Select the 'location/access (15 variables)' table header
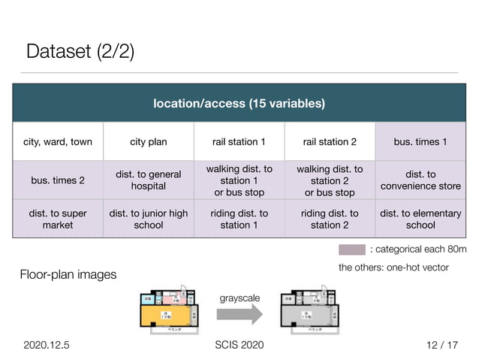pyautogui.click(x=239, y=103)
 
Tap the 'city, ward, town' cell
pyautogui.click(x=58, y=142)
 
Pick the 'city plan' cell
pyautogui.click(x=149, y=142)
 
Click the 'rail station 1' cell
pyautogui.click(x=239, y=142)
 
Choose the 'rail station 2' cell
pyautogui.click(x=330, y=142)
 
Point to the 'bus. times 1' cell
pyautogui.click(x=420, y=142)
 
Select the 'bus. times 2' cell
pyautogui.click(x=58, y=180)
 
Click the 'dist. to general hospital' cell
pyautogui.click(x=149, y=180)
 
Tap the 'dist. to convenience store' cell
pyautogui.click(x=420, y=180)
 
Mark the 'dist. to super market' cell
pyautogui.click(x=58, y=219)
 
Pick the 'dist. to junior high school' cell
pyautogui.click(x=149, y=219)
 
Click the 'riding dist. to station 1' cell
pyautogui.click(x=239, y=219)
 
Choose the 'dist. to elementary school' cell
pyautogui.click(x=420, y=219)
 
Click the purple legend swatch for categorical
pyautogui.click(x=351, y=250)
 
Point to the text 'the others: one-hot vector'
pyautogui.click(x=393, y=268)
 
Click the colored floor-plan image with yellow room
pyautogui.click(x=167, y=309)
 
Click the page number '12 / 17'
pyautogui.click(x=440, y=345)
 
